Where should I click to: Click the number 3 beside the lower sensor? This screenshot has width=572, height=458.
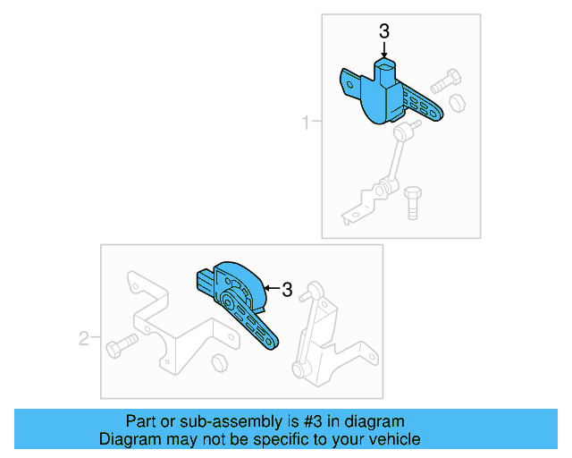point(287,290)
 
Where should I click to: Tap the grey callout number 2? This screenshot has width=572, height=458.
point(84,338)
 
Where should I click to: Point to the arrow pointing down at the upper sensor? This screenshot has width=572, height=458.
point(384,52)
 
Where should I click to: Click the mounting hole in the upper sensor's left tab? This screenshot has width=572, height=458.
point(350,86)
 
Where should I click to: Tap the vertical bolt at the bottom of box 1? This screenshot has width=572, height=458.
point(412,202)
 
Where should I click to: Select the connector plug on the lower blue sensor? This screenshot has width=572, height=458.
point(205,282)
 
